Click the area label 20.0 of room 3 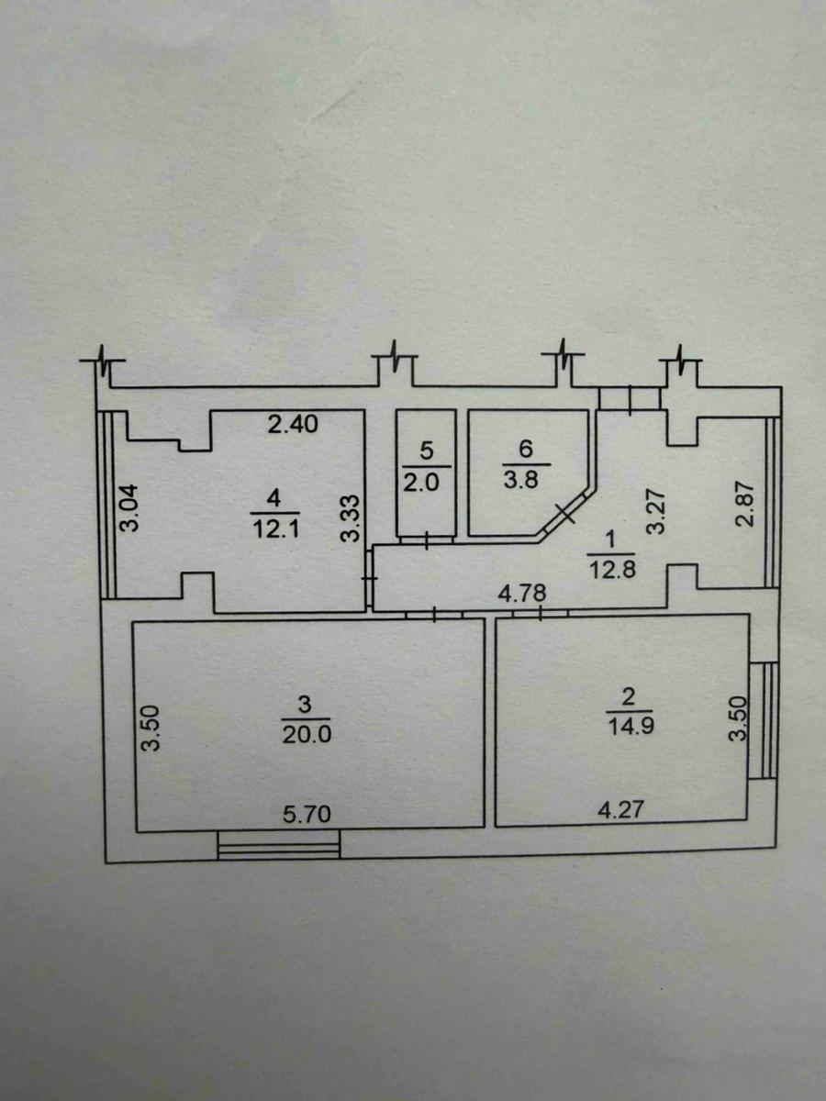pos(307,735)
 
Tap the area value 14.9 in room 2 pos(631,727)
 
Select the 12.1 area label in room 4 pos(276,529)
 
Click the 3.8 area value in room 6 pos(521,480)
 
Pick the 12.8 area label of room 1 pos(613,570)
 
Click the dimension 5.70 pos(307,814)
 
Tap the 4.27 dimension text pos(620,809)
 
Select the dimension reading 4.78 pos(521,594)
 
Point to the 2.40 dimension pos(293,425)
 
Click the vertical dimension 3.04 pos(129,507)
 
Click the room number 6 pos(525,449)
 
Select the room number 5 pos(425,450)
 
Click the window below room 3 pos(279,845)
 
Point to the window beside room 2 pos(763,721)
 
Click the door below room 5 pos(426,540)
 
